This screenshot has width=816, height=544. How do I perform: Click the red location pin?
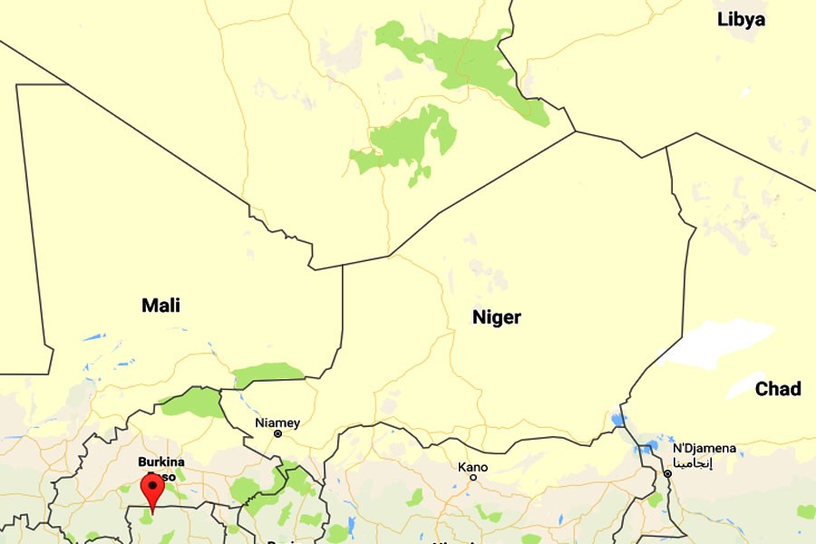[x=151, y=491]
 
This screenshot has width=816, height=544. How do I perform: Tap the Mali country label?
[x=160, y=306]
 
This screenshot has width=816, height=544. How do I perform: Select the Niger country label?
[x=496, y=317]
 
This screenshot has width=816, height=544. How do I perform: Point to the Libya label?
[x=741, y=19]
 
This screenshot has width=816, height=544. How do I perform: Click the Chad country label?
[x=778, y=389]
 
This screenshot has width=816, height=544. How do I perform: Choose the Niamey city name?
[x=277, y=423]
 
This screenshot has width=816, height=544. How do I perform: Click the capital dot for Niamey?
[x=277, y=434]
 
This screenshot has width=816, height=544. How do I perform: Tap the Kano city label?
[x=472, y=467]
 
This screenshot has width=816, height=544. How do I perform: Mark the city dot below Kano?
[x=472, y=477]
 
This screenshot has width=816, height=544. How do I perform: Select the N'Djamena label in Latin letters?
[x=704, y=449]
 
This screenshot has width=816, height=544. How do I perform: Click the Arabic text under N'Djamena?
[x=695, y=461]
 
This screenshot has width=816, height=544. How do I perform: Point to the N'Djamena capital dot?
[x=667, y=473]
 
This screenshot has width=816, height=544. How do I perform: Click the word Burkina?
[x=161, y=461]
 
